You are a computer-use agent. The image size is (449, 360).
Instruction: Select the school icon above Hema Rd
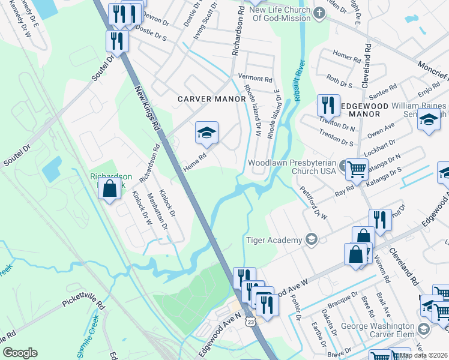click(x=206, y=133)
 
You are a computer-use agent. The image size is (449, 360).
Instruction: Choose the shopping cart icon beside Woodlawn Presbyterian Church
click(x=357, y=169)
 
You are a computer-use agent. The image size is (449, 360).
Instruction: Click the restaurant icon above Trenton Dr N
click(x=328, y=105)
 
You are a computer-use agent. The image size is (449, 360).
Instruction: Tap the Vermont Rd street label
click(x=255, y=78)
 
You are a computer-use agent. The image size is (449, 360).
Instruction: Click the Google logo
click(x=20, y=353)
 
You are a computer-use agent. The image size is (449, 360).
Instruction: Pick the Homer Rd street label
click(x=346, y=55)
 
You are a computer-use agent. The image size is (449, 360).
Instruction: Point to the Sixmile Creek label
click(x=88, y=341)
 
